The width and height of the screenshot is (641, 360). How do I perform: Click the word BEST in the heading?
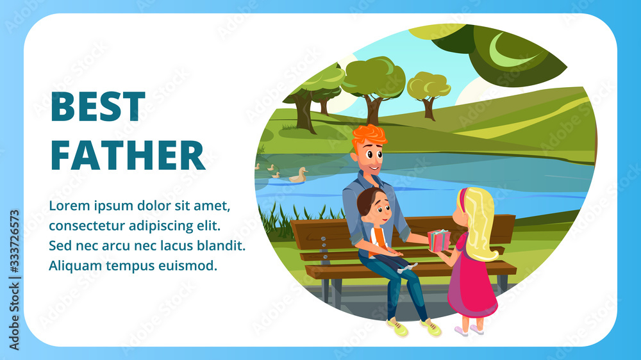pyautogui.click(x=98, y=106)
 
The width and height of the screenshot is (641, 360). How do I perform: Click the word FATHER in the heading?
pyautogui.click(x=128, y=155)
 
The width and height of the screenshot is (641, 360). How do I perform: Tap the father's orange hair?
pyautogui.click(x=369, y=135)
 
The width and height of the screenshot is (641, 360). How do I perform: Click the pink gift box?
pyautogui.click(x=438, y=241)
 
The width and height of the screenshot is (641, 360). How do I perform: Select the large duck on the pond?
pyautogui.click(x=299, y=176)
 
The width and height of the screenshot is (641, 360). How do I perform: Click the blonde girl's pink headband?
pyautogui.click(x=462, y=199)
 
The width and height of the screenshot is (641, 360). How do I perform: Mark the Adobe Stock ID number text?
pyautogui.click(x=14, y=241)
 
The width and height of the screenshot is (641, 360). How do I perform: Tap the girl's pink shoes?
pyautogui.click(x=469, y=330)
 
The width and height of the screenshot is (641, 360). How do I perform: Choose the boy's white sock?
pyautogui.click(x=407, y=268)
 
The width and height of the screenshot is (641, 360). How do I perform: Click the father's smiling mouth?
pyautogui.click(x=373, y=168)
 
